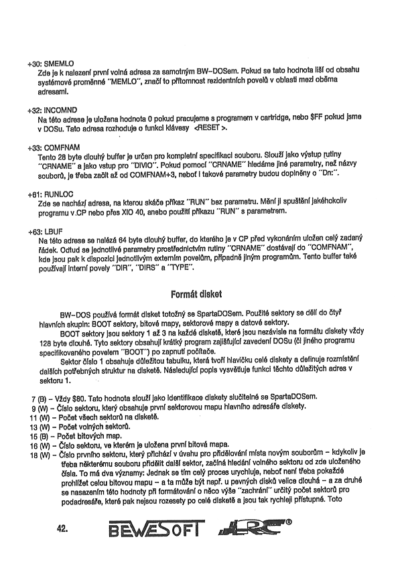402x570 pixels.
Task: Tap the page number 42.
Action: [x=64, y=527]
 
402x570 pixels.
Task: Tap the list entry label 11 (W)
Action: [x=40, y=417]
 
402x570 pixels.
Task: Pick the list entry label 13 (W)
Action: [x=40, y=427]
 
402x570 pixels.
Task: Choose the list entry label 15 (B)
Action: [x=40, y=435]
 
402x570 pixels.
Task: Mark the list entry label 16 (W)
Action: [x=40, y=444]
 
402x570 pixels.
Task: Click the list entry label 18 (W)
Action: [x=40, y=453]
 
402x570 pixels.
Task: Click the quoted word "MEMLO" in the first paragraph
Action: [x=126, y=81]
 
